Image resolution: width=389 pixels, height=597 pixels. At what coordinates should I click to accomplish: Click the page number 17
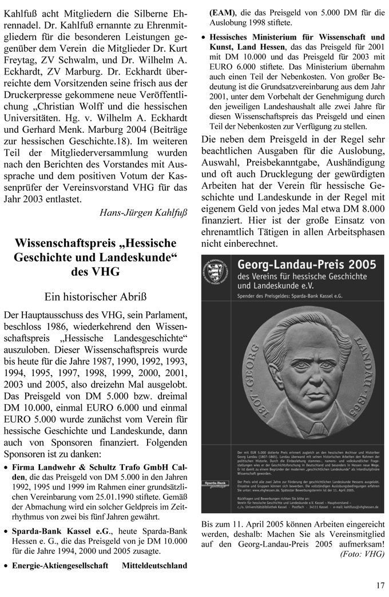(380, 584)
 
